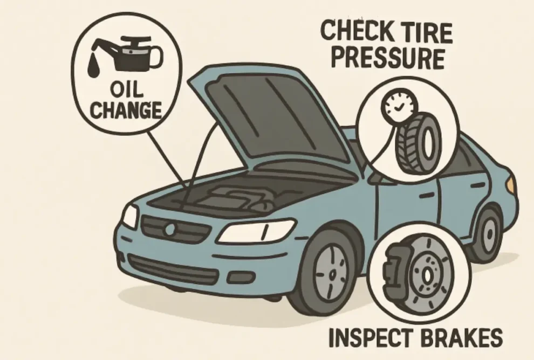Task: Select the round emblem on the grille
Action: point(169,229)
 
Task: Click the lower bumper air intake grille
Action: point(173,267)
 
